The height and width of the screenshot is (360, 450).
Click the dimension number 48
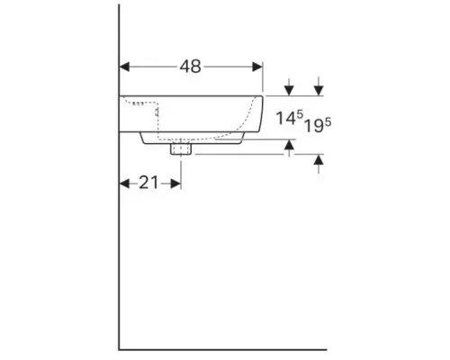[191, 67]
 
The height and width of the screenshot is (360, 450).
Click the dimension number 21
[148, 183]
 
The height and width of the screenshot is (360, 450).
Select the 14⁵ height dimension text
[290, 118]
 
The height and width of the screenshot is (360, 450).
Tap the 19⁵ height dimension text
[318, 125]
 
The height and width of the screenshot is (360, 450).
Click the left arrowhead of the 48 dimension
[124, 67]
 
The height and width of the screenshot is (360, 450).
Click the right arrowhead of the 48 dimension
[257, 67]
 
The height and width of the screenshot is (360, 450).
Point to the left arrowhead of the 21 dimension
[124, 184]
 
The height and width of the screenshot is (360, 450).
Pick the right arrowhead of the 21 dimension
[175, 184]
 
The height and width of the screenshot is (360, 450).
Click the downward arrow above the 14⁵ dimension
[289, 87]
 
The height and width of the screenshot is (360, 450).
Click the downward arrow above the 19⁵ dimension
[319, 86]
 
